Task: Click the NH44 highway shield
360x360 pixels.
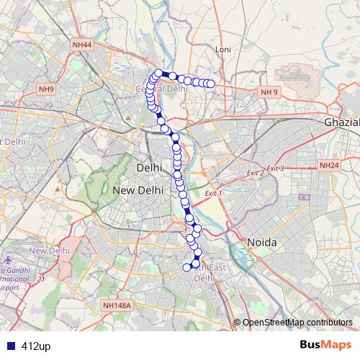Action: pos(81,45)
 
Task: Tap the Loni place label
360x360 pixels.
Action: pos(223,50)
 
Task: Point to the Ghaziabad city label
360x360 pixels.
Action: pos(341,122)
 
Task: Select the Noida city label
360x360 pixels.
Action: pos(262,243)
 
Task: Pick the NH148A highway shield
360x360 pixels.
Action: pos(118,305)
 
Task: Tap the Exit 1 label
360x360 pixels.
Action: pos(214,194)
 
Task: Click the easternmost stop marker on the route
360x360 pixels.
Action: pos(212,84)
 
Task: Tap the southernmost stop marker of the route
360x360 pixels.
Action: pos(187,268)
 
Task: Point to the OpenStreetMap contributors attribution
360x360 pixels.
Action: pos(297,323)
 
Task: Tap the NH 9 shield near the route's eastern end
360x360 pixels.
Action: pos(269,92)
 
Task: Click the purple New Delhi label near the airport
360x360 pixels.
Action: pos(48,250)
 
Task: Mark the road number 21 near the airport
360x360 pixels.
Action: pos(42,279)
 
